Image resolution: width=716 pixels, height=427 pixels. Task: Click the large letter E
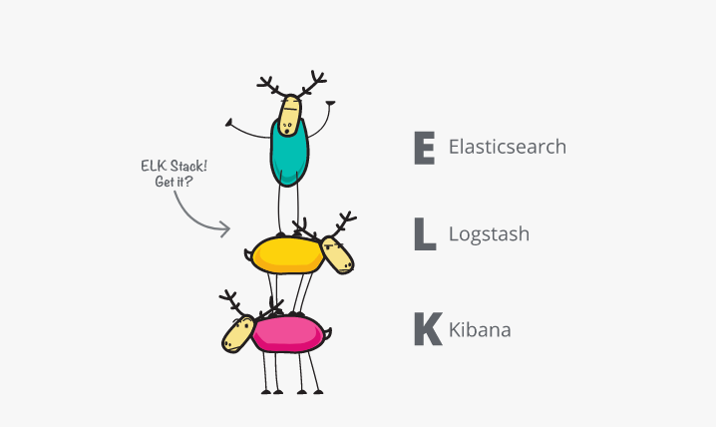click(424, 147)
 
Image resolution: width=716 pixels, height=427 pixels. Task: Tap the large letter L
click(424, 234)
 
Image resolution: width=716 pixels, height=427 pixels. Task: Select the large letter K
click(427, 328)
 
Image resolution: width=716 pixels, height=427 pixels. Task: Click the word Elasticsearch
click(507, 147)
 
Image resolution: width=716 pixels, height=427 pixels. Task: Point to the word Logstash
click(489, 235)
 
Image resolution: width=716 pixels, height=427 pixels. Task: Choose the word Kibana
click(480, 328)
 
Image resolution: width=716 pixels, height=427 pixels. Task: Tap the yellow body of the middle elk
click(285, 254)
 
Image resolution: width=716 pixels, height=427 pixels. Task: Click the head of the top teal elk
click(289, 115)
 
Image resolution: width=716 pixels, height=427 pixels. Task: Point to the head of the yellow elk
click(339, 255)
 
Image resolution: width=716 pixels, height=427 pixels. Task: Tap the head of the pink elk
click(237, 333)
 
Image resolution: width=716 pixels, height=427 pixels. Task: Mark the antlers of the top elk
click(291, 85)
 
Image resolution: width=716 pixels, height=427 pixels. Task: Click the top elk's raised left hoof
click(230, 125)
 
